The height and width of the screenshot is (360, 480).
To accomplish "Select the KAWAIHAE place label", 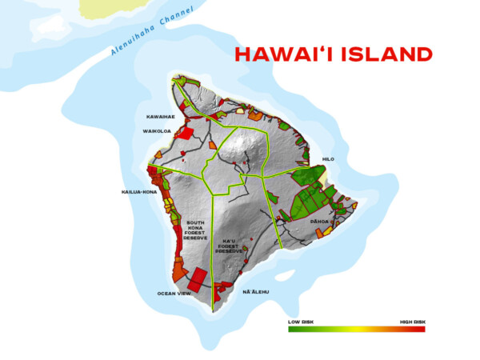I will click(x=160, y=116).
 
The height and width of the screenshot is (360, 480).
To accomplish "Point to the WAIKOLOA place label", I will click(x=158, y=130).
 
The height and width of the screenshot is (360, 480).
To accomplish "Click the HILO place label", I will click(x=328, y=159).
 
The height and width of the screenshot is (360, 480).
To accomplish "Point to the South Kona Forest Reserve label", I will click(x=196, y=230).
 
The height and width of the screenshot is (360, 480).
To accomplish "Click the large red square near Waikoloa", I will click(x=183, y=133).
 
